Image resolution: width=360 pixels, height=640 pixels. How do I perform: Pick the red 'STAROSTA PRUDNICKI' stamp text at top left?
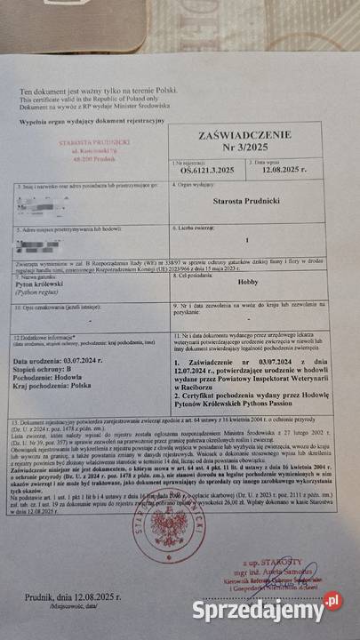(x=95, y=142)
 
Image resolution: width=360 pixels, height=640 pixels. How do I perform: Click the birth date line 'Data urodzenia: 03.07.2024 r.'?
(x=59, y=362)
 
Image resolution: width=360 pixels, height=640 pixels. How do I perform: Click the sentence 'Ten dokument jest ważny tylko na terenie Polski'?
(x=87, y=92)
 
